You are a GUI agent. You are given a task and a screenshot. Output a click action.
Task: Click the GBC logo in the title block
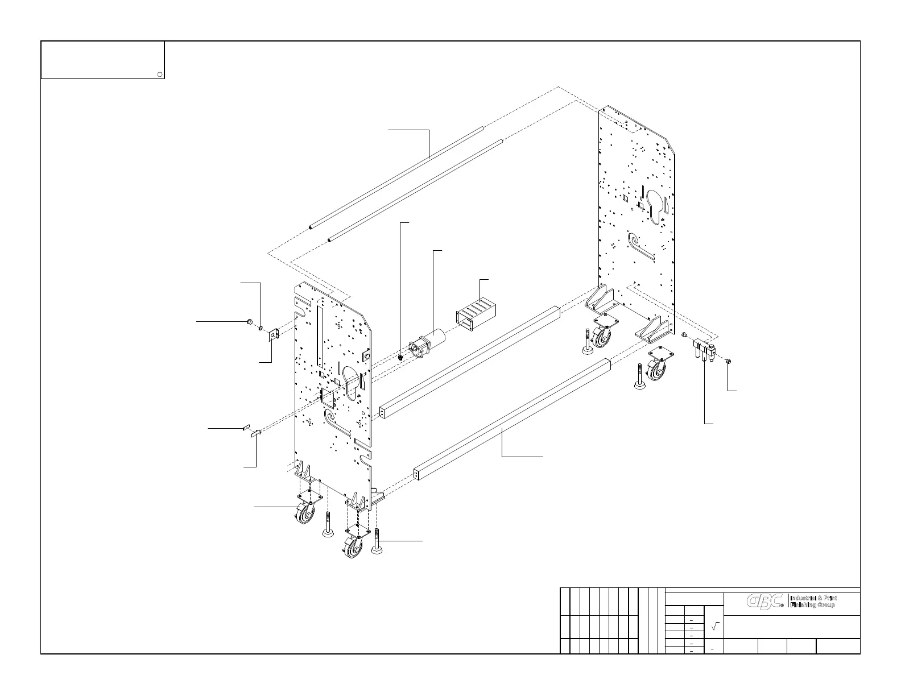pyautogui.click(x=765, y=602)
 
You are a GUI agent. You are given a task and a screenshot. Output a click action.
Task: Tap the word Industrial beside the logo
pyautogui.click(x=804, y=598)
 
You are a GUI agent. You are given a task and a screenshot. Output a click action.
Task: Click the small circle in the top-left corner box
pyautogui.click(x=160, y=74)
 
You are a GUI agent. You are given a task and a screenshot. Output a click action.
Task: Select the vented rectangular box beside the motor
pyautogui.click(x=475, y=317)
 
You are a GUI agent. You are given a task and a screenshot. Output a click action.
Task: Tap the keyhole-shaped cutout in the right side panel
pyautogui.click(x=654, y=204)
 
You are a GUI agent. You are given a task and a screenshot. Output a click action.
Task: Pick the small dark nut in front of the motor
pyautogui.click(x=401, y=357)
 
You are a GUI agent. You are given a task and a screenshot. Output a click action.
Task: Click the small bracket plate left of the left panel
pyautogui.click(x=273, y=335)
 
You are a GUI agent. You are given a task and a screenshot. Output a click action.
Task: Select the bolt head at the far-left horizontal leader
pyautogui.click(x=249, y=322)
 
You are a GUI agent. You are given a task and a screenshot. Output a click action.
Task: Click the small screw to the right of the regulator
pyautogui.click(x=729, y=361)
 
